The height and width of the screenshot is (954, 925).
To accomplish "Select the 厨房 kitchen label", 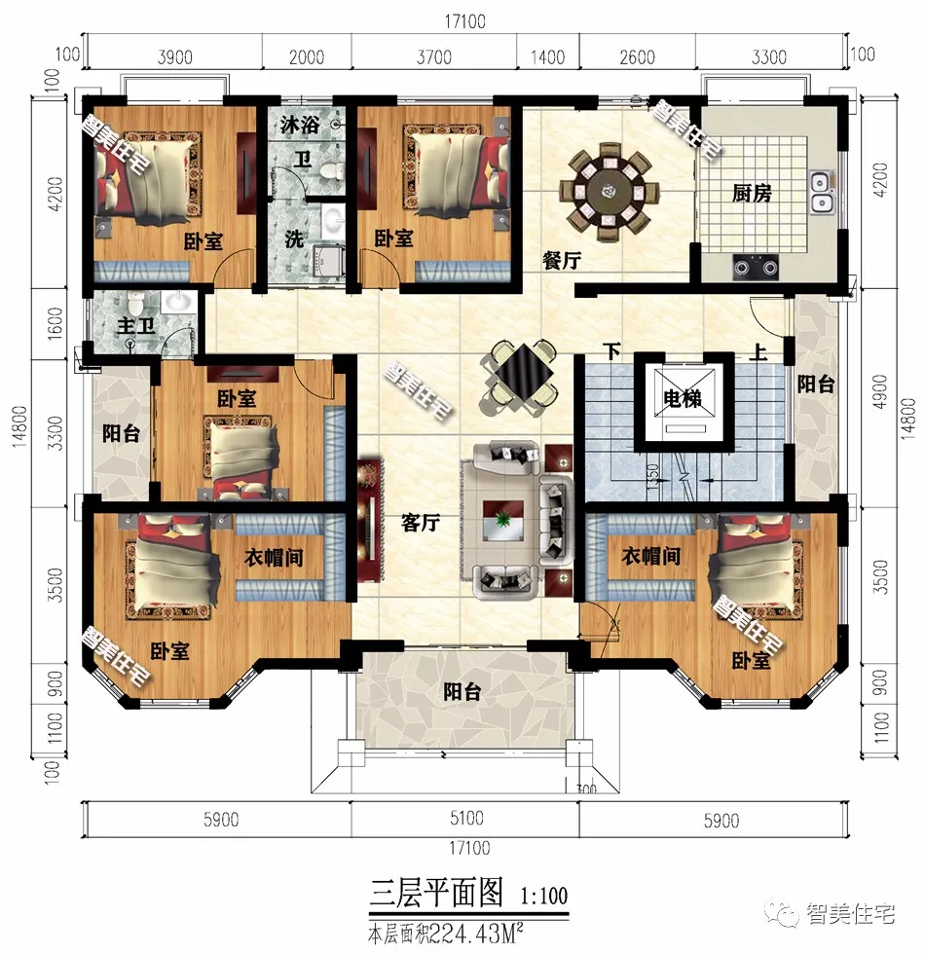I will (x=752, y=193).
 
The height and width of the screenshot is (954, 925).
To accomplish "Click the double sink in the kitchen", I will (x=821, y=192).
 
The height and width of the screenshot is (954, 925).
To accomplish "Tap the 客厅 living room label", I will (x=421, y=523).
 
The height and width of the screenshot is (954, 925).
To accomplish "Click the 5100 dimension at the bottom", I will (x=464, y=820).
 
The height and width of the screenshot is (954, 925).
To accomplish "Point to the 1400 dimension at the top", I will (x=548, y=57).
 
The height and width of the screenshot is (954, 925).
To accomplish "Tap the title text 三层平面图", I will (x=436, y=891).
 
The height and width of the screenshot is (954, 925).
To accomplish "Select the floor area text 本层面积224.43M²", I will (x=456, y=932).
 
